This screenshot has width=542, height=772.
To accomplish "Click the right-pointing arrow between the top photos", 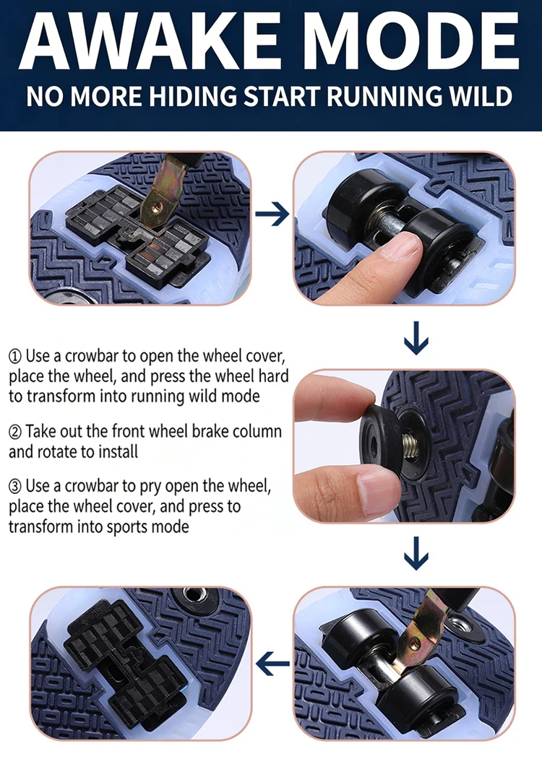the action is coord(272,214).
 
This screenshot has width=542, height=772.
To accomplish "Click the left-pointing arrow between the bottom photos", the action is coord(272,663).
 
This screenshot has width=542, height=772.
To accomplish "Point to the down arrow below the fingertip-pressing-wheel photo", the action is coord(416,338).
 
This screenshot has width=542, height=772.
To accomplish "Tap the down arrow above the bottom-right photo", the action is coord(416,553).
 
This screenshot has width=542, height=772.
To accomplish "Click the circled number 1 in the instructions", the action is coord(15,356).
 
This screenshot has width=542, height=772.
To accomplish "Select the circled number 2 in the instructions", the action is coord(15,432).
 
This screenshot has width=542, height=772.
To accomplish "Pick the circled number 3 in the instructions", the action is coord(15,487).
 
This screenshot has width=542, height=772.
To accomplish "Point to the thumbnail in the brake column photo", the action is coord(379,485).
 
